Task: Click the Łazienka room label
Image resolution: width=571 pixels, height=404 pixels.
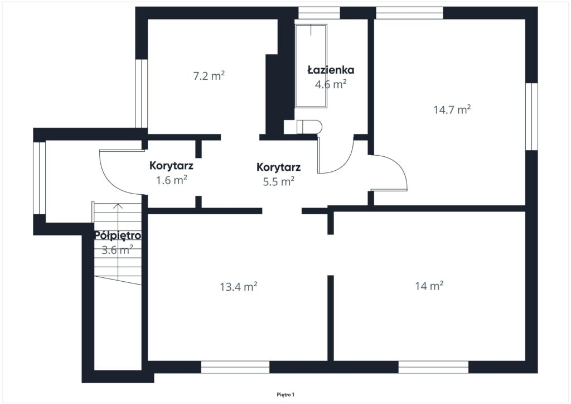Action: [x=331, y=70]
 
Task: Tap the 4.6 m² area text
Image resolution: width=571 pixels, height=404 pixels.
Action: [x=331, y=84]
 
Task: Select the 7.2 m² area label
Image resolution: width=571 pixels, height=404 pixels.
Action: [x=209, y=76]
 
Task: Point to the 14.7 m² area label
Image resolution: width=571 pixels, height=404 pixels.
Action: [x=452, y=109]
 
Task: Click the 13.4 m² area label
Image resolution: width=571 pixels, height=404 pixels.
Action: [x=239, y=287]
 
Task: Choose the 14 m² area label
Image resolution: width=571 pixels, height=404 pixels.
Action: [x=429, y=286]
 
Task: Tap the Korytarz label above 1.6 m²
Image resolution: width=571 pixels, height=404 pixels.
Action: [x=171, y=166]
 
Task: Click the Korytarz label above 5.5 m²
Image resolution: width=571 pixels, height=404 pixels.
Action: [x=279, y=167]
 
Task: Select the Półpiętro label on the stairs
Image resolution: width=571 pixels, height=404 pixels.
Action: [x=118, y=235]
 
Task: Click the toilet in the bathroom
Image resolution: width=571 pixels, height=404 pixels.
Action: [x=309, y=127]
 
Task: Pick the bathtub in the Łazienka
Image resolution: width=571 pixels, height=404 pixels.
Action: [x=311, y=66]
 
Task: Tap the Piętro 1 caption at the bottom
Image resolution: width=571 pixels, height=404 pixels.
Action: [x=285, y=395]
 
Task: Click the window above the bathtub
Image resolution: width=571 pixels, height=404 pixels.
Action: [x=319, y=13]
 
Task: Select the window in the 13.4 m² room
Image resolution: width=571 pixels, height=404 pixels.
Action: [x=235, y=367]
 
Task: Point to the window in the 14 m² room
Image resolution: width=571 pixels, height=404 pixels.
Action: [x=433, y=367]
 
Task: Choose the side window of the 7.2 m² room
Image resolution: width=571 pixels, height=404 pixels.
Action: [x=141, y=93]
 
